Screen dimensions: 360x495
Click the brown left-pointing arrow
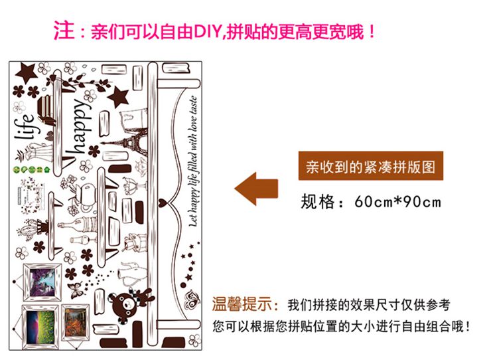(257, 187)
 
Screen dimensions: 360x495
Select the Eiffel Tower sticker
(143, 140)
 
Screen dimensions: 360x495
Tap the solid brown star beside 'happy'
(118, 96)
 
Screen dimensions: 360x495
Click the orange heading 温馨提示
(245, 305)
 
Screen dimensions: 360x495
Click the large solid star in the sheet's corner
(27, 68)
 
